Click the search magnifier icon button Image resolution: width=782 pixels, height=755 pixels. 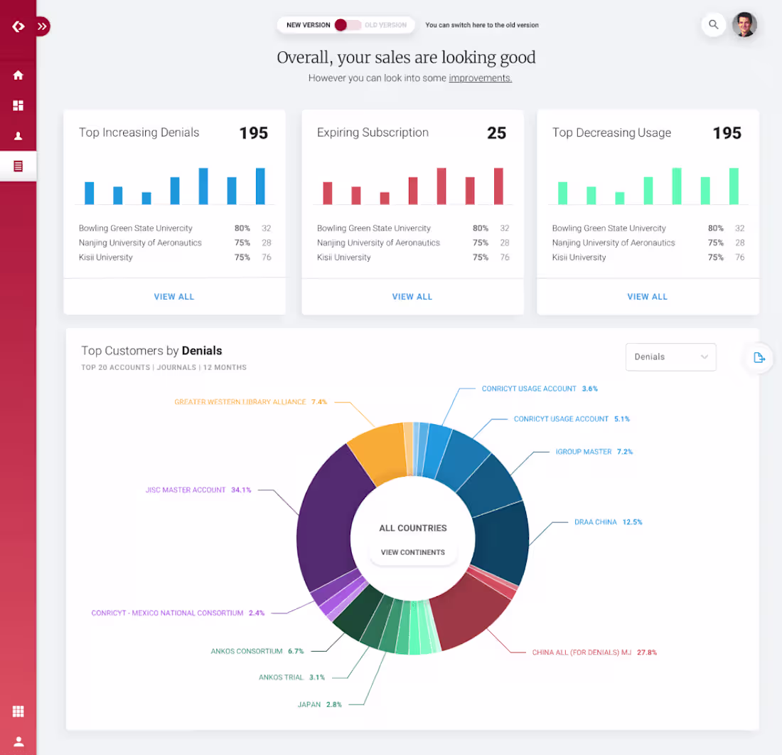coord(713,25)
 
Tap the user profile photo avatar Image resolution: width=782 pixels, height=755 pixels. coord(744,25)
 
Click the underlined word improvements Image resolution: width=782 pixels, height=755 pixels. coord(480,78)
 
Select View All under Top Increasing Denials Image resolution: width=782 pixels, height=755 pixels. coord(174,297)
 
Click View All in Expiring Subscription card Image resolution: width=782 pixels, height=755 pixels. coord(412,297)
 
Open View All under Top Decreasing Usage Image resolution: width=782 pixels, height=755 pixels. coord(647,297)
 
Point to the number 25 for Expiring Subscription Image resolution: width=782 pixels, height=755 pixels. coord(496,133)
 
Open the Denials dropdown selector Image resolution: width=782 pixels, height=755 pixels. coord(670,357)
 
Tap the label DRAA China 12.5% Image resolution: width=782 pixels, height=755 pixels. coord(608,522)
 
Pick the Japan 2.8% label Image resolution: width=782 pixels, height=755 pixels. coord(320,704)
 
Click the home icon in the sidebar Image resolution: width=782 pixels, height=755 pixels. coord(18,75)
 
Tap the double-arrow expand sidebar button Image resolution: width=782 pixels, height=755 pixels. coord(43,26)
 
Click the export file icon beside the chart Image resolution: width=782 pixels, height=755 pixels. coord(759,357)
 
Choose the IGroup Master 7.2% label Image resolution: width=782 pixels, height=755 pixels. coord(594,452)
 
